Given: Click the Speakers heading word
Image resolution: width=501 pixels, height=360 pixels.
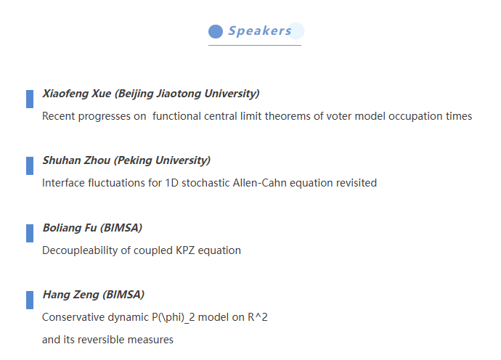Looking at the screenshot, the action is tap(260, 31).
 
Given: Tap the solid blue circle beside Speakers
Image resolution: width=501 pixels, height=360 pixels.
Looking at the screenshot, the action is tap(216, 31).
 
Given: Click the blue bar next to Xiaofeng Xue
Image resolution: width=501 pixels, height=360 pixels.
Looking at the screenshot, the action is tap(30, 99).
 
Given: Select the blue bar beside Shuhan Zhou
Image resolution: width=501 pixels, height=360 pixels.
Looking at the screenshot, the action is tap(30, 165).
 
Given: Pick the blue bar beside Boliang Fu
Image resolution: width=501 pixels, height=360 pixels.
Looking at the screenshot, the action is tap(30, 233).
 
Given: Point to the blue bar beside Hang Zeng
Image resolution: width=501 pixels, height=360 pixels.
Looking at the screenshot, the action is tap(30, 300).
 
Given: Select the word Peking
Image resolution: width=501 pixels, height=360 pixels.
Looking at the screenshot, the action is tap(133, 160).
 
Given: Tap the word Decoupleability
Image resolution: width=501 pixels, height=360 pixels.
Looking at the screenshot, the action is tap(80, 250).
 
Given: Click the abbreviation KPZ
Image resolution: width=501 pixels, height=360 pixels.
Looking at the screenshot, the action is tap(185, 250).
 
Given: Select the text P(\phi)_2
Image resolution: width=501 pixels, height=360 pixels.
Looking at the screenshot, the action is tap(174, 317).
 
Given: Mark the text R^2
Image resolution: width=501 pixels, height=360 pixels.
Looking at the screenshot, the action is tap(258, 317).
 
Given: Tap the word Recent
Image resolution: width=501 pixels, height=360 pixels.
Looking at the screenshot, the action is tap(59, 116).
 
